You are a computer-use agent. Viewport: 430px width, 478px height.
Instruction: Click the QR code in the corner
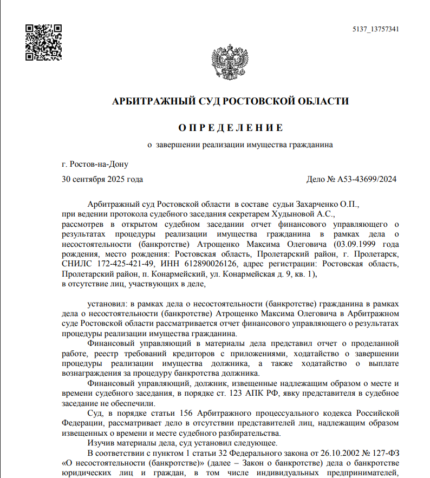pyautogui.click(x=44, y=42)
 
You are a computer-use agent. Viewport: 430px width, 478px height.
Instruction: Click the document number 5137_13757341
pyautogui.click(x=375, y=29)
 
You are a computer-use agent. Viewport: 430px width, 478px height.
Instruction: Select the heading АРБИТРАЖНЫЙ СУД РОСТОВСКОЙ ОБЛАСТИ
pyautogui.click(x=230, y=101)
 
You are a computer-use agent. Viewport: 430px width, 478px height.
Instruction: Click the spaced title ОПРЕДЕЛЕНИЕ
pyautogui.click(x=231, y=128)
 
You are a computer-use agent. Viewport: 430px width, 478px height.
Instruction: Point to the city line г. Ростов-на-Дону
pyautogui.click(x=95, y=164)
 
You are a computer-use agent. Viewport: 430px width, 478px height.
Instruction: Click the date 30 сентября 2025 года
pyautogui.click(x=102, y=179)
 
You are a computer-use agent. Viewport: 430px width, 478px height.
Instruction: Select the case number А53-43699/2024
pyautogui.click(x=367, y=179)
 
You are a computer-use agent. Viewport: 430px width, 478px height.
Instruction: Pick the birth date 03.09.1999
pyautogui.click(x=357, y=244)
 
